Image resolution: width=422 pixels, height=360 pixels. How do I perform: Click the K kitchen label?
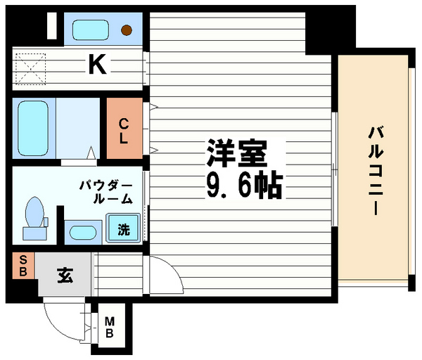[97, 66]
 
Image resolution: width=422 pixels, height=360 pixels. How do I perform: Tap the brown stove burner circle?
[127, 30]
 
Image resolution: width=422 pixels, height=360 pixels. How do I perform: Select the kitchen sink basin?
[90, 30]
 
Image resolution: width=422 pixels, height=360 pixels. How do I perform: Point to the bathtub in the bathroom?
[32, 128]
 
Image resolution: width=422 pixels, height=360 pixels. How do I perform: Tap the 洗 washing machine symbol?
[123, 229]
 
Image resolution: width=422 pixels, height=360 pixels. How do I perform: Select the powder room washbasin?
[83, 231]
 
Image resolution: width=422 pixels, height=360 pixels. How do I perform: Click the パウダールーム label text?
[105, 192]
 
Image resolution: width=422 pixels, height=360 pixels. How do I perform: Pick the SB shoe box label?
[21, 266]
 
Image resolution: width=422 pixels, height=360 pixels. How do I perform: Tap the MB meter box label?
[110, 328]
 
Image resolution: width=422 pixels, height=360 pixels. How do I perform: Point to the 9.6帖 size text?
[243, 185]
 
